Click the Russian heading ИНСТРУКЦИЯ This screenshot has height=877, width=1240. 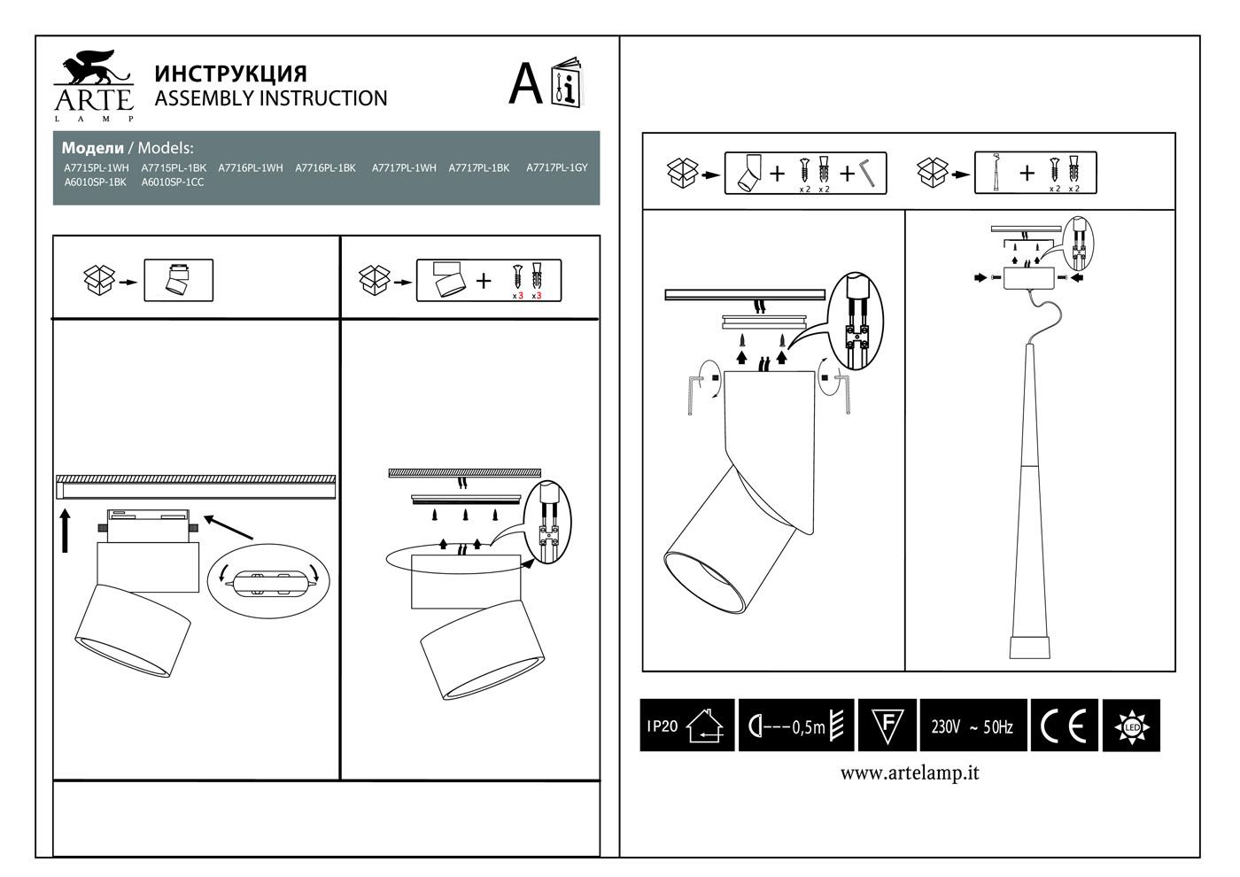coord(230,74)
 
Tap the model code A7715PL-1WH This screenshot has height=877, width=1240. coord(97,167)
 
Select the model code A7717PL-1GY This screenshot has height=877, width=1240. coord(556,167)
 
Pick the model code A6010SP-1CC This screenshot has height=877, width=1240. coord(173,182)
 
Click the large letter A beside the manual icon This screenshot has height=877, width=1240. coord(525,85)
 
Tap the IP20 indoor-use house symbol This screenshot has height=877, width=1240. coord(687,726)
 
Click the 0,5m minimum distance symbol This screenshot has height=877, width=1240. coord(795,726)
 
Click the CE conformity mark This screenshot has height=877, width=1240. coord(1064,726)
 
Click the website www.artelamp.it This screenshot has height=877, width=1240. coord(910,773)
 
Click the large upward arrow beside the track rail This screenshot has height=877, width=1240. coord(66,529)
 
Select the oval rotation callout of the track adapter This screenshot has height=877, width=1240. coord(267,581)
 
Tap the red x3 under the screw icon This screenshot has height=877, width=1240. coord(518,296)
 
